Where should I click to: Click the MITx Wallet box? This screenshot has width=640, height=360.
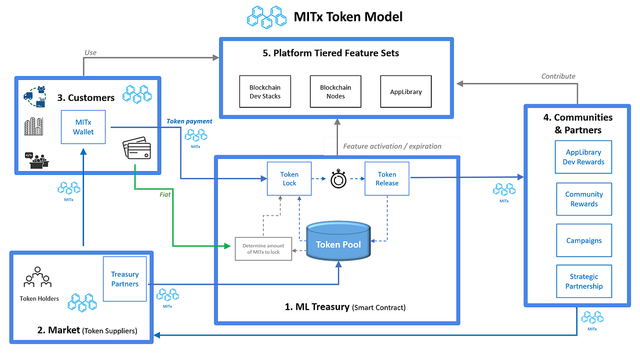[83, 127]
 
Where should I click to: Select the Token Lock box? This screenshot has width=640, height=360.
[289, 179]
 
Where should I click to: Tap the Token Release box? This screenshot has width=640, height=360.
[387, 179]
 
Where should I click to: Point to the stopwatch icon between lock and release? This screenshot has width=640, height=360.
[339, 179]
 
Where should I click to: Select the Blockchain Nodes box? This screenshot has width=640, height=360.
[335, 92]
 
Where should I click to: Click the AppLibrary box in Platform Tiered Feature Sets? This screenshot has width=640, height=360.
[405, 92]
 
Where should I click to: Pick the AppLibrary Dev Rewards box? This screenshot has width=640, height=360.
[583, 157]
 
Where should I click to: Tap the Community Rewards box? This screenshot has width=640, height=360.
[584, 199]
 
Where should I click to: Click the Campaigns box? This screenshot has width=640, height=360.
[584, 241]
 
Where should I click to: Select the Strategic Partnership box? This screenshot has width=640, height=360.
[584, 281]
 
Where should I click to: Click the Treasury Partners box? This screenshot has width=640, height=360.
[125, 279]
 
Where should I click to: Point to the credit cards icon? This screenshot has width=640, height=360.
[136, 150]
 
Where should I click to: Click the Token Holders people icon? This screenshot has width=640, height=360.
[37, 278]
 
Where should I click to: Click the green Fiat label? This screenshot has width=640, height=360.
[165, 195]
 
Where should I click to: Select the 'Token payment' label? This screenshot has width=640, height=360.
[189, 121]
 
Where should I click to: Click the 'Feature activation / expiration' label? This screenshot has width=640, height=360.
[392, 146]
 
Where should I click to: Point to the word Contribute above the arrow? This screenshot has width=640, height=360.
[558, 76]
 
